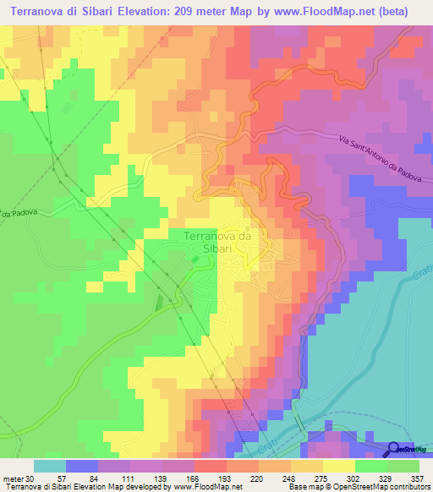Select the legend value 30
coord(32,478)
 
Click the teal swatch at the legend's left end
coord(49,466)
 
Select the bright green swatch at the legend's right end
coord(403,466)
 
